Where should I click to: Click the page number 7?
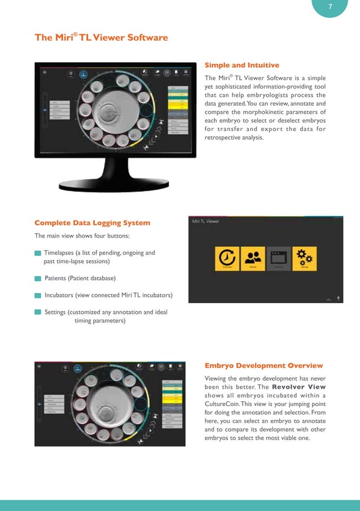(330, 7)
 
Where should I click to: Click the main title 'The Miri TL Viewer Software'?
(101, 38)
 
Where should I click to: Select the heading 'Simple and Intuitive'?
(242, 65)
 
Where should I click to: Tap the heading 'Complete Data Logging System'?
(92, 222)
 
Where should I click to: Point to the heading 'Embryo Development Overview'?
(264, 366)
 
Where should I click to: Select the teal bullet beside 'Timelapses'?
(38, 253)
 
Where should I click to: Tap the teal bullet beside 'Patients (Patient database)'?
(38, 278)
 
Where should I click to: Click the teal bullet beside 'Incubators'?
(38, 295)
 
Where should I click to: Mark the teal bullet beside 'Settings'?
(38, 312)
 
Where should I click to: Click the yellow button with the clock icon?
(228, 259)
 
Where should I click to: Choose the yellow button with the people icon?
(253, 259)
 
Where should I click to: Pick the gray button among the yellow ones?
(278, 259)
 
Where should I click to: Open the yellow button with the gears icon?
(304, 259)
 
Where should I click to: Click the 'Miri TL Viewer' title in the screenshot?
(205, 221)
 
